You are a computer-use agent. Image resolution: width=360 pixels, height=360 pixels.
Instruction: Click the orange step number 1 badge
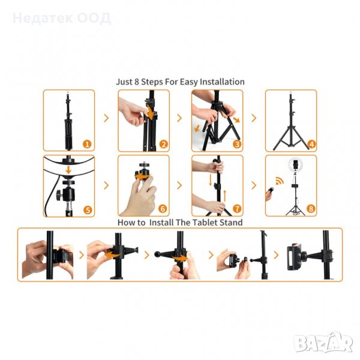tap(87, 144)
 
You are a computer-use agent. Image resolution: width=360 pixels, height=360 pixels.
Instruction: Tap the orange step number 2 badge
tap(163, 145)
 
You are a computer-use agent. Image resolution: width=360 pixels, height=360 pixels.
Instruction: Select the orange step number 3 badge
tap(237, 144)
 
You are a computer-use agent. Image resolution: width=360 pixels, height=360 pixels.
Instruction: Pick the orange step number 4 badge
tap(311, 144)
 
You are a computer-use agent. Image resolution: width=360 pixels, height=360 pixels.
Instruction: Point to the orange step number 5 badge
tap(88, 210)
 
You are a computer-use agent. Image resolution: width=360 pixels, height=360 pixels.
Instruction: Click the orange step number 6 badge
tap(163, 209)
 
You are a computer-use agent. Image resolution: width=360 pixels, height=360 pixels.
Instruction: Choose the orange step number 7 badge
tap(237, 209)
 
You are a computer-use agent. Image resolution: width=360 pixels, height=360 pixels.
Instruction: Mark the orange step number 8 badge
tap(311, 209)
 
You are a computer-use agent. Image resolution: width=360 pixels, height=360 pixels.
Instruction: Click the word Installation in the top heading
tap(222, 82)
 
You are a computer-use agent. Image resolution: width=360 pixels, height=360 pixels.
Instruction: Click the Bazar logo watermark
tap(323, 343)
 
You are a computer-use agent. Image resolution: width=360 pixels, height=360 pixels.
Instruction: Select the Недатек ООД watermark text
tap(62, 19)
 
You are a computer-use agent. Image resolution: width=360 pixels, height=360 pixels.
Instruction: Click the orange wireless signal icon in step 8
tap(280, 181)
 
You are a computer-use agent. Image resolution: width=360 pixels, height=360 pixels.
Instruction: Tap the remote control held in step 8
tap(270, 191)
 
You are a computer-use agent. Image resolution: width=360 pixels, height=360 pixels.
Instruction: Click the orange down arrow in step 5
tap(68, 170)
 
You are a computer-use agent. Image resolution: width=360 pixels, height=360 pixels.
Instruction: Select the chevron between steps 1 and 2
tap(106, 118)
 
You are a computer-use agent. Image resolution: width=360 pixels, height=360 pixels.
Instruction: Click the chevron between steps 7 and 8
tap(254, 185)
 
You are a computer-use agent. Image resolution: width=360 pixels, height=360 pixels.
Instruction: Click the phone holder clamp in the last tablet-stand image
tap(294, 257)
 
